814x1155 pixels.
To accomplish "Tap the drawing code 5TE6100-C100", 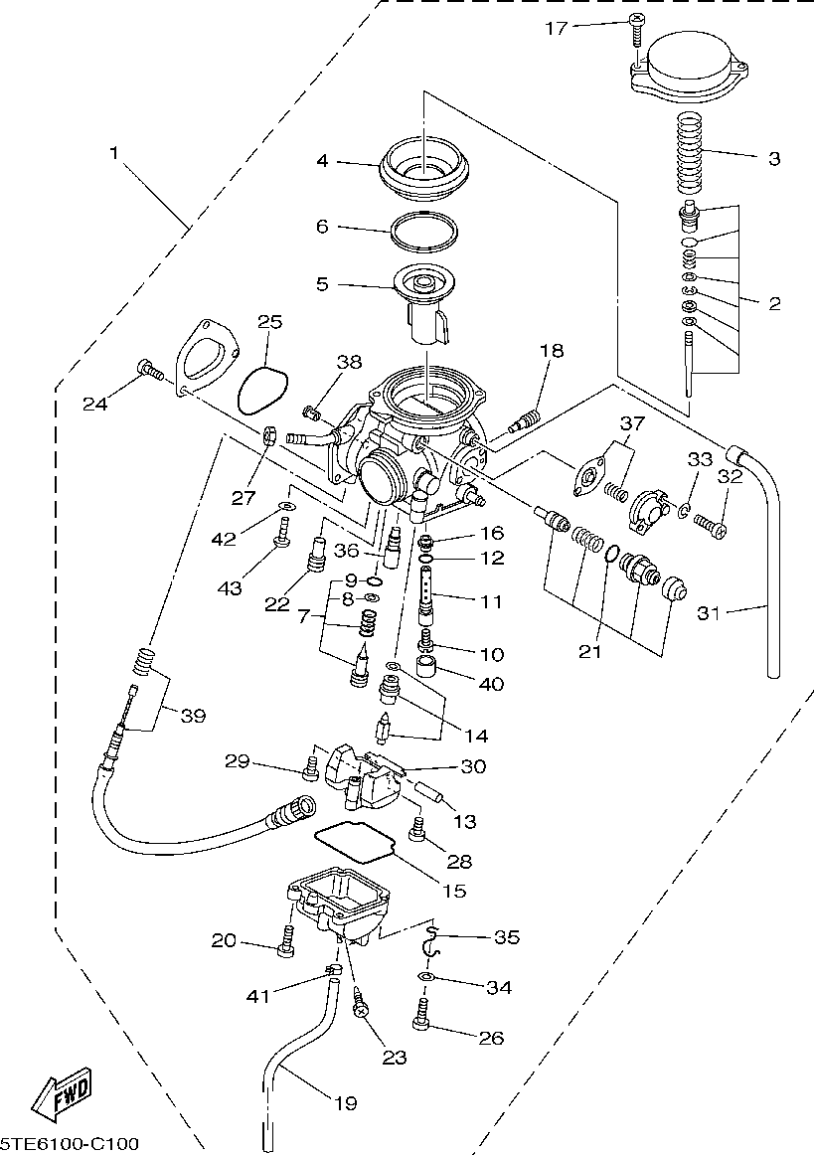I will (69, 1144).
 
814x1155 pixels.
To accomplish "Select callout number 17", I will (557, 28).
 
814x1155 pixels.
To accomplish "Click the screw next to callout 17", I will (635, 32).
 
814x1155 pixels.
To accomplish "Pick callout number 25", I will (270, 321).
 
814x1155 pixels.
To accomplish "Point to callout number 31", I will (708, 613).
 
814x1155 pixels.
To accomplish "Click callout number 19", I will (346, 1102).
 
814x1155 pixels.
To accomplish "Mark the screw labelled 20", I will (287, 940).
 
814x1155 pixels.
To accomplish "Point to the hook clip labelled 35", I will (430, 939).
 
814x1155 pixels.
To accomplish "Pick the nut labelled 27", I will (268, 435).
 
